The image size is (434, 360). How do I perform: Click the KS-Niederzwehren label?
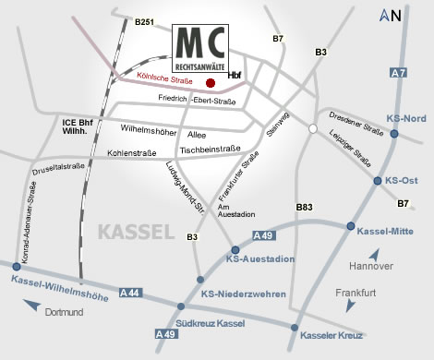tap(245, 294)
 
